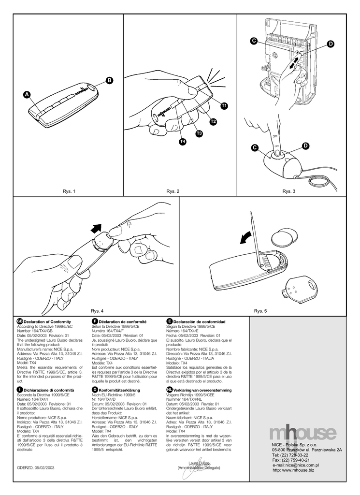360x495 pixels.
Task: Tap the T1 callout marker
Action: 224,105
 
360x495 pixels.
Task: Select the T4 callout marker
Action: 182,142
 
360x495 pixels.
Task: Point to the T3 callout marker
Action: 199,133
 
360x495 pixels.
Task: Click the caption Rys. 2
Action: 173,192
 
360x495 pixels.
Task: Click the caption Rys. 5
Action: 261,311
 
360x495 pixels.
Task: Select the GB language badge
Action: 19,321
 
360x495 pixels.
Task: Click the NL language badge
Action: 169,389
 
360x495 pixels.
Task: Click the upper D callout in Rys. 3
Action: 331,44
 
